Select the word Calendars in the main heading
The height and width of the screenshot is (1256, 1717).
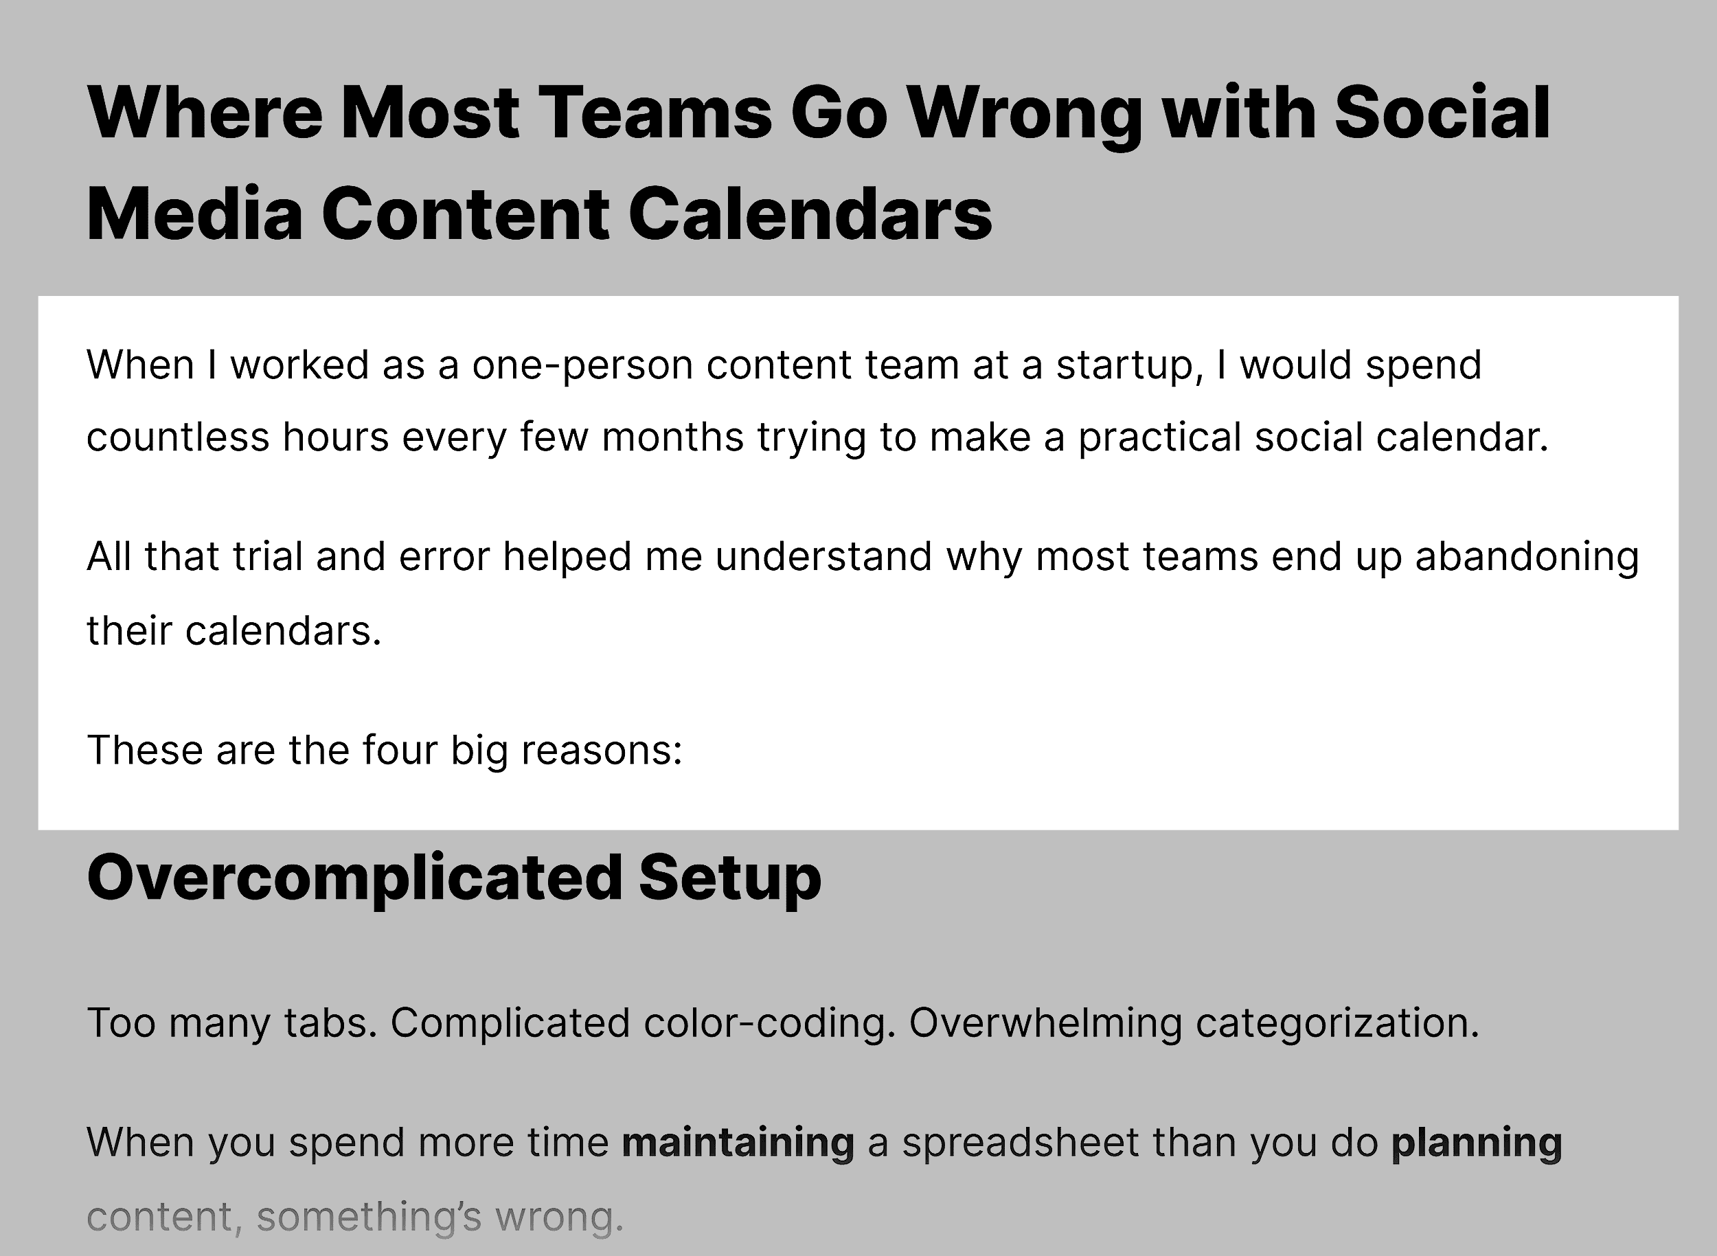[x=810, y=214]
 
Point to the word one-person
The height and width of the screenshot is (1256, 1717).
[x=582, y=366]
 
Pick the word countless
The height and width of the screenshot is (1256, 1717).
[x=178, y=438]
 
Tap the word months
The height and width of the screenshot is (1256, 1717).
[x=672, y=438]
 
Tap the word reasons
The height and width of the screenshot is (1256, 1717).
[x=602, y=750]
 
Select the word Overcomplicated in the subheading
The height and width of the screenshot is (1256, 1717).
[x=355, y=878]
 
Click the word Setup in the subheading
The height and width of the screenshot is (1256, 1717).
[x=730, y=878]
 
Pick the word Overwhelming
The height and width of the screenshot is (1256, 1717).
[x=1045, y=1023]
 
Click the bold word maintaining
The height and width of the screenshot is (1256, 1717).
[x=738, y=1143]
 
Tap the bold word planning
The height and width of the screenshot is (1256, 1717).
[x=1476, y=1143]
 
